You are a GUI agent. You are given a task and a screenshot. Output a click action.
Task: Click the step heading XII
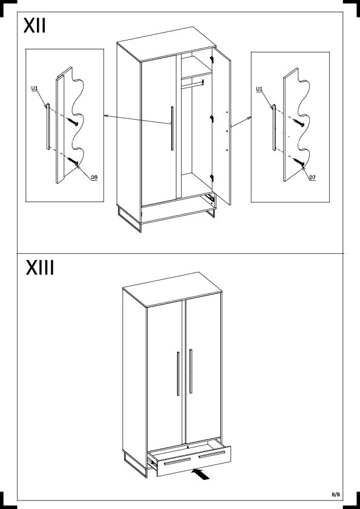(x=34, y=25)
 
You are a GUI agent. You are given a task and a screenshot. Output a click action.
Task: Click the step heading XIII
(x=40, y=267)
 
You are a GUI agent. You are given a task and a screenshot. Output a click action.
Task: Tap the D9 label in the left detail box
(x=94, y=177)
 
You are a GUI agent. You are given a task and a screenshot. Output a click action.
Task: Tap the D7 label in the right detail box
(x=312, y=177)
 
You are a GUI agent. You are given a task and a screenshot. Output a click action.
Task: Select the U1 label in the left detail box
(x=34, y=88)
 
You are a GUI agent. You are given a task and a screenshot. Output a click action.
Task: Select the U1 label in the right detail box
(x=260, y=89)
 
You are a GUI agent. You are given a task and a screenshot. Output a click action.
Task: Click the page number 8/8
(x=336, y=494)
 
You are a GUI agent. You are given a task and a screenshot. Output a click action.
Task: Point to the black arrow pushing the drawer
(x=201, y=473)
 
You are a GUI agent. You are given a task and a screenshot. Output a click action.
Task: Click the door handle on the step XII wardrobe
(x=172, y=129)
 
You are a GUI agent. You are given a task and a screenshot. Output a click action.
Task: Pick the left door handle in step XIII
(x=178, y=374)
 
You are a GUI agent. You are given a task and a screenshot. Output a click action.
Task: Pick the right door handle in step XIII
(x=191, y=371)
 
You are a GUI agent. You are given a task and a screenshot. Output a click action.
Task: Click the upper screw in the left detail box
(x=73, y=122)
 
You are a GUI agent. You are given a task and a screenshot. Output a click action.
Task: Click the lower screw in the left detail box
(x=73, y=161)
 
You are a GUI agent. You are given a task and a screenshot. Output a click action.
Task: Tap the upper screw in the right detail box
(x=299, y=123)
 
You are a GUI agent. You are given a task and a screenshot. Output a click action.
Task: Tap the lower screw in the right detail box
(x=299, y=161)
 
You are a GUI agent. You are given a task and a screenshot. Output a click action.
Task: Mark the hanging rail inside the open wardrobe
(x=192, y=84)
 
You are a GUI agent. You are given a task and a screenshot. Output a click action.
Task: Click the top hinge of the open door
(x=212, y=60)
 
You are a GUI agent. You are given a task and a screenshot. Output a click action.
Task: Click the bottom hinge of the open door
(x=212, y=178)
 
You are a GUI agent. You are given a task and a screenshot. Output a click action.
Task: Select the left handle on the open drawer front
(x=177, y=462)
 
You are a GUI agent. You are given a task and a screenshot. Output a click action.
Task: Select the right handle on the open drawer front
(x=212, y=454)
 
